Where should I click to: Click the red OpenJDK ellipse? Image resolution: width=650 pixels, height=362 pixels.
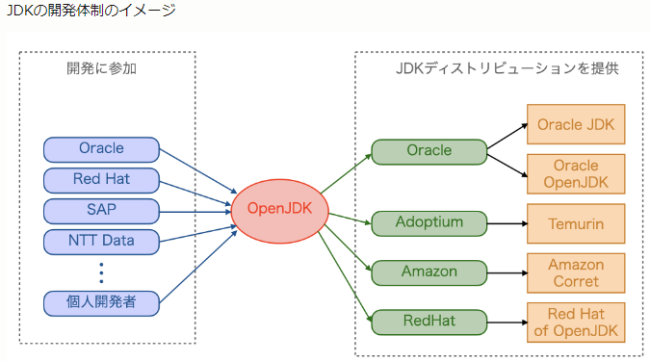pos(278,209)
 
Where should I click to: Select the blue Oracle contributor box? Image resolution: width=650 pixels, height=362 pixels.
pos(101,149)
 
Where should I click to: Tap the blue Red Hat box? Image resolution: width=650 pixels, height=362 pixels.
pos(101,179)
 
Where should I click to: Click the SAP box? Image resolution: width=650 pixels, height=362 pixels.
pos(101,210)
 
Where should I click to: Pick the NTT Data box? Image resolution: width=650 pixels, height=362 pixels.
pos(101,241)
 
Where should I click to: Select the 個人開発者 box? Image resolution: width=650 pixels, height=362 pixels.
pos(101,302)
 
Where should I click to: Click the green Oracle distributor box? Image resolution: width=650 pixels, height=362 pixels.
pos(429,151)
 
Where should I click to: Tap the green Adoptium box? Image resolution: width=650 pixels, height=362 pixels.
pos(429,223)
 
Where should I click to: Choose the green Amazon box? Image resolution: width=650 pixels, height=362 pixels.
pos(429,272)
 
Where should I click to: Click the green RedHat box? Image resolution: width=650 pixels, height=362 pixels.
pos(429,322)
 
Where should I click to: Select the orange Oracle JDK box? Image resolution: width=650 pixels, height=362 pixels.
pos(575,125)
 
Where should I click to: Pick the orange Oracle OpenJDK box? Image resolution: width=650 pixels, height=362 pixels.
pos(575,174)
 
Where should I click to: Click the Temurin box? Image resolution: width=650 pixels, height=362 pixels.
pos(575,223)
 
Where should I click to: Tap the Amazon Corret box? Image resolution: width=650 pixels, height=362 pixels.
pos(575,272)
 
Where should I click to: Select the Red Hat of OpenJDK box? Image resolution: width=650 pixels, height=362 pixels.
pos(575,322)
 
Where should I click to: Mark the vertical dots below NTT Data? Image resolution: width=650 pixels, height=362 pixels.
pos(101,271)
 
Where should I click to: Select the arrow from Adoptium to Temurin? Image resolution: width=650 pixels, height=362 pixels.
pos(507,223)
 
